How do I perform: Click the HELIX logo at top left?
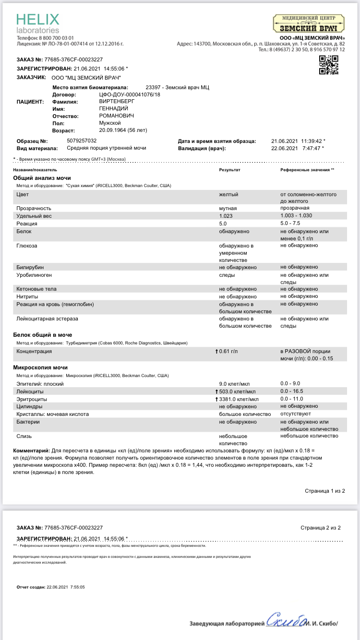[38, 23]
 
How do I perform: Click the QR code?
[329, 65]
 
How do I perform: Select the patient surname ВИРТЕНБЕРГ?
[117, 102]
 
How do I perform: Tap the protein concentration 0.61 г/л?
[228, 352]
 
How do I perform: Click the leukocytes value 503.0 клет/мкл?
[239, 391]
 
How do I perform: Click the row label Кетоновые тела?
[36, 289]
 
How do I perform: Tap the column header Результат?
[229, 170]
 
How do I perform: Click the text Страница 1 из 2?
[324, 491]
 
